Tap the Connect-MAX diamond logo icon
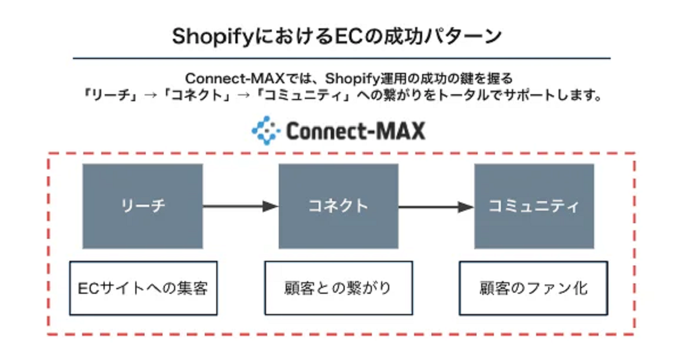265,131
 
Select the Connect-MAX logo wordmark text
355,131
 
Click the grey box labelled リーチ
142,206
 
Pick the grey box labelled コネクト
338,206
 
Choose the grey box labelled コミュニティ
534,206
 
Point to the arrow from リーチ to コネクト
241,206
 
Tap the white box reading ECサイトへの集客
143,288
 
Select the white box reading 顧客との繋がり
338,288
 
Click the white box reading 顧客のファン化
533,288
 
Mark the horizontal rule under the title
341,58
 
